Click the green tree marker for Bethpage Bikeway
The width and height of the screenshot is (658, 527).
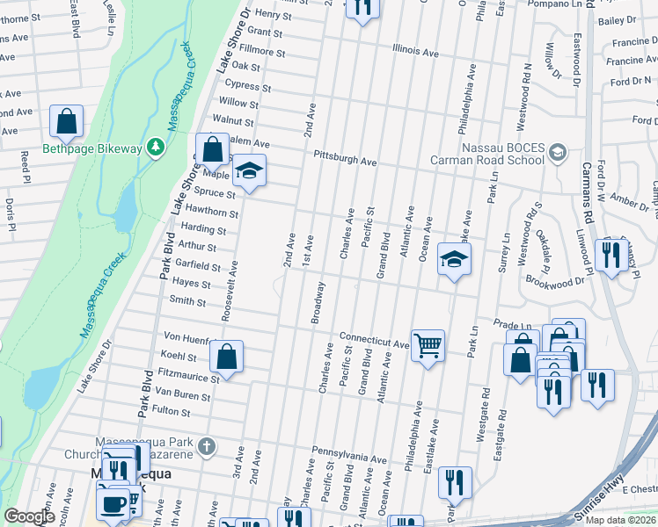156,147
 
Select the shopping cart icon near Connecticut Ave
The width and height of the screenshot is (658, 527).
428,346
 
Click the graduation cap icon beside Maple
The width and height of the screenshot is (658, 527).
249,170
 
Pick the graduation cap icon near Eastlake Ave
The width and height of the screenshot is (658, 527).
454,259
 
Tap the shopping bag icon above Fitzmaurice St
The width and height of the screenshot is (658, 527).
226,357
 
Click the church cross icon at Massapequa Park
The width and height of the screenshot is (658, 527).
206,446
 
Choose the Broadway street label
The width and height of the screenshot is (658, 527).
318,302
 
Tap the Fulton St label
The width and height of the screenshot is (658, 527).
172,410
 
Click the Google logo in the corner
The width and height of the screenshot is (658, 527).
29,516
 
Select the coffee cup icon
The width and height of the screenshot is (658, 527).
112,503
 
